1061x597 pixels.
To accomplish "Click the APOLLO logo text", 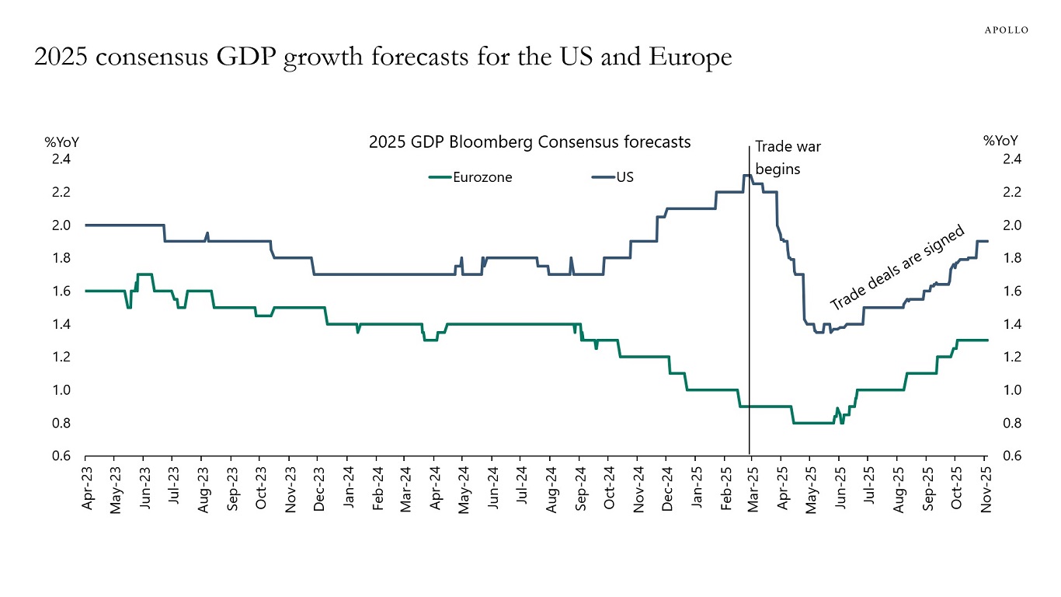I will [x=1007, y=30].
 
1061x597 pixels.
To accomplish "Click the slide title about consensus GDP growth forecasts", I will [x=383, y=58].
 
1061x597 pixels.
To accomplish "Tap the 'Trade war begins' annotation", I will [x=788, y=158].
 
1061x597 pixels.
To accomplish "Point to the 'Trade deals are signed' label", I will [x=897, y=267].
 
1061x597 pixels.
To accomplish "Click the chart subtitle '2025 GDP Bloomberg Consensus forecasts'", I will [x=530, y=142].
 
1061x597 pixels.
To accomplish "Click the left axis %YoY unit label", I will [x=61, y=141].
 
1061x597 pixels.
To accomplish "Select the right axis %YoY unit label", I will [x=1000, y=141].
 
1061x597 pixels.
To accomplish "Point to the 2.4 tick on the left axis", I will [x=61, y=159].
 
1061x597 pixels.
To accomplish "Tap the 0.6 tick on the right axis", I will [x=1011, y=456].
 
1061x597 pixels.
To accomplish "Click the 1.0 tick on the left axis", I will [x=61, y=390].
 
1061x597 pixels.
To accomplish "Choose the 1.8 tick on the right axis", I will [x=1011, y=258].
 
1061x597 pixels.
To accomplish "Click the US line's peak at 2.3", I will [x=746, y=175].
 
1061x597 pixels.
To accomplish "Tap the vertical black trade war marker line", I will [x=750, y=350].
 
